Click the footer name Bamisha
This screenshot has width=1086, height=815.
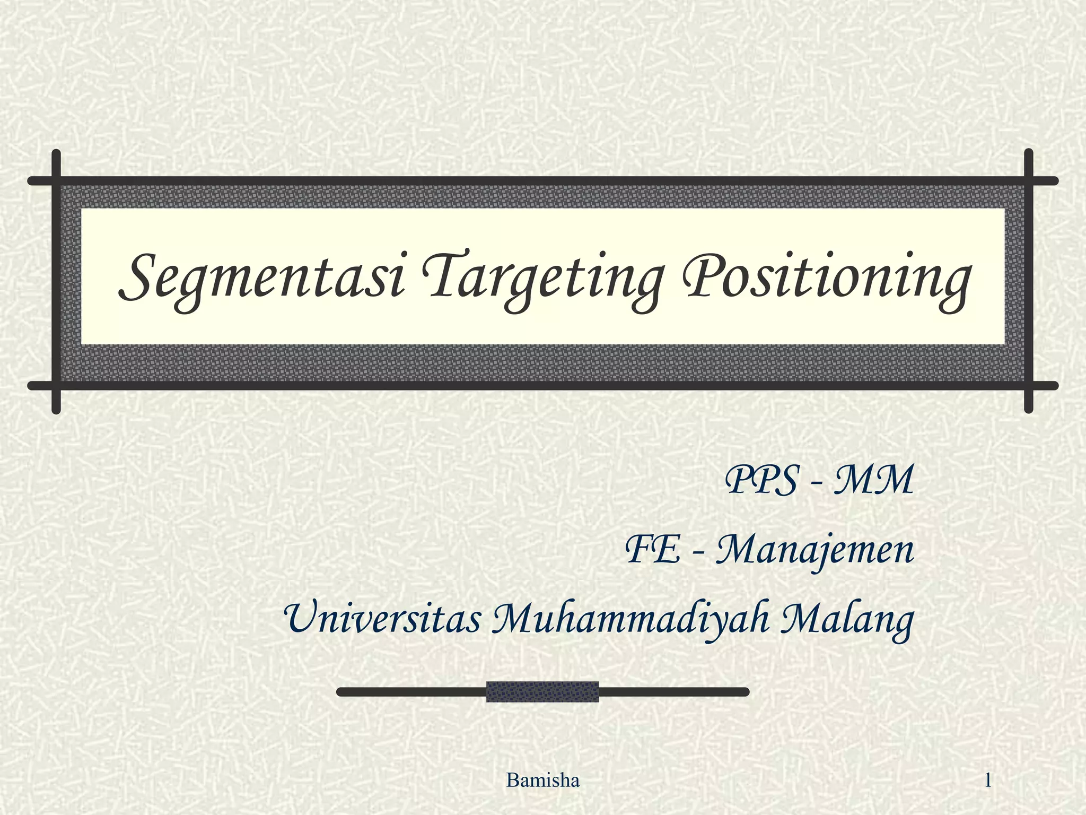pyautogui.click(x=543, y=780)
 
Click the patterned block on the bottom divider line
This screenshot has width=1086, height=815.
pyautogui.click(x=542, y=692)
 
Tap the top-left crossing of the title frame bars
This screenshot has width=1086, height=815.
pyautogui.click(x=56, y=181)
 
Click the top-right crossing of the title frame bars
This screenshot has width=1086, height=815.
pyautogui.click(x=1029, y=181)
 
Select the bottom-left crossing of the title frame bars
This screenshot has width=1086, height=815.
pyautogui.click(x=56, y=386)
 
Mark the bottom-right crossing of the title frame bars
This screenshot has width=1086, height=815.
pyautogui.click(x=1029, y=386)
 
